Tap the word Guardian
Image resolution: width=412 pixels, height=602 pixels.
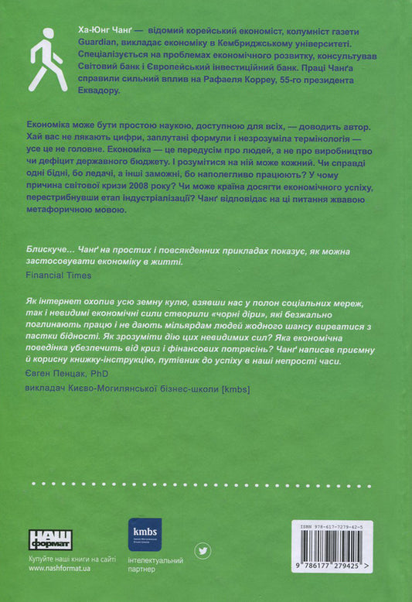(97, 41)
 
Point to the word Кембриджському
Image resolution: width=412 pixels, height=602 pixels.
(274, 41)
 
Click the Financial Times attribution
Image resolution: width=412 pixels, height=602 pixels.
(59, 274)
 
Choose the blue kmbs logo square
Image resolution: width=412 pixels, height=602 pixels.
(144, 534)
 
